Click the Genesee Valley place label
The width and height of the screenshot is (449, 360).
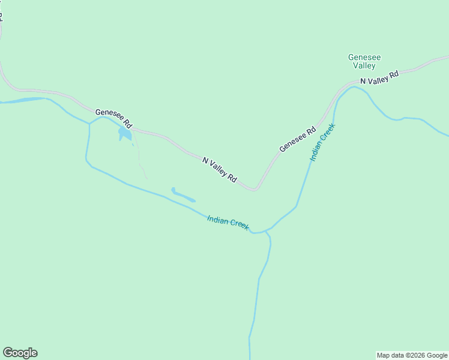[x=364, y=61]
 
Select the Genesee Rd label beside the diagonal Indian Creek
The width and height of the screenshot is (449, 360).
[x=297, y=140]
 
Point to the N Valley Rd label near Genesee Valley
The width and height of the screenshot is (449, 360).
[x=379, y=77]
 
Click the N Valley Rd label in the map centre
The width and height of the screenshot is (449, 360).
[x=220, y=170]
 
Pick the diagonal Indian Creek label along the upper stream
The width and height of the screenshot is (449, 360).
[x=322, y=143]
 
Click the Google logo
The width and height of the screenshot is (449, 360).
[x=20, y=353]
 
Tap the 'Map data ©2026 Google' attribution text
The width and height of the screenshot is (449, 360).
[x=412, y=355]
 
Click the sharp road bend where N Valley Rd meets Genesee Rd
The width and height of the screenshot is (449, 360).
[x=255, y=189]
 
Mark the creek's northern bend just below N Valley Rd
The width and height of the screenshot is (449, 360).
[x=354, y=88]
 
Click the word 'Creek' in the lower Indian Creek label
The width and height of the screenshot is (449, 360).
[x=238, y=226]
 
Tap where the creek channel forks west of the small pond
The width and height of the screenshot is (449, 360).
[x=89, y=123]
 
